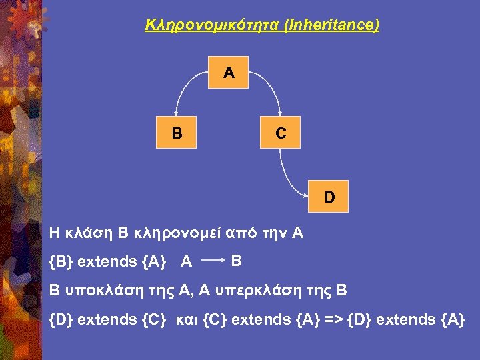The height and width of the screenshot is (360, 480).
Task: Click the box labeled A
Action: (x=229, y=73)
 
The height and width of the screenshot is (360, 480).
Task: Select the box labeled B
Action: (x=177, y=133)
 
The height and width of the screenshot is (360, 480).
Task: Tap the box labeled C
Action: (x=281, y=133)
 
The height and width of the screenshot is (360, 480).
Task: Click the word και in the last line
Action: (x=187, y=320)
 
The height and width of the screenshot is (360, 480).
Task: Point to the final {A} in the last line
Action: (x=452, y=320)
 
